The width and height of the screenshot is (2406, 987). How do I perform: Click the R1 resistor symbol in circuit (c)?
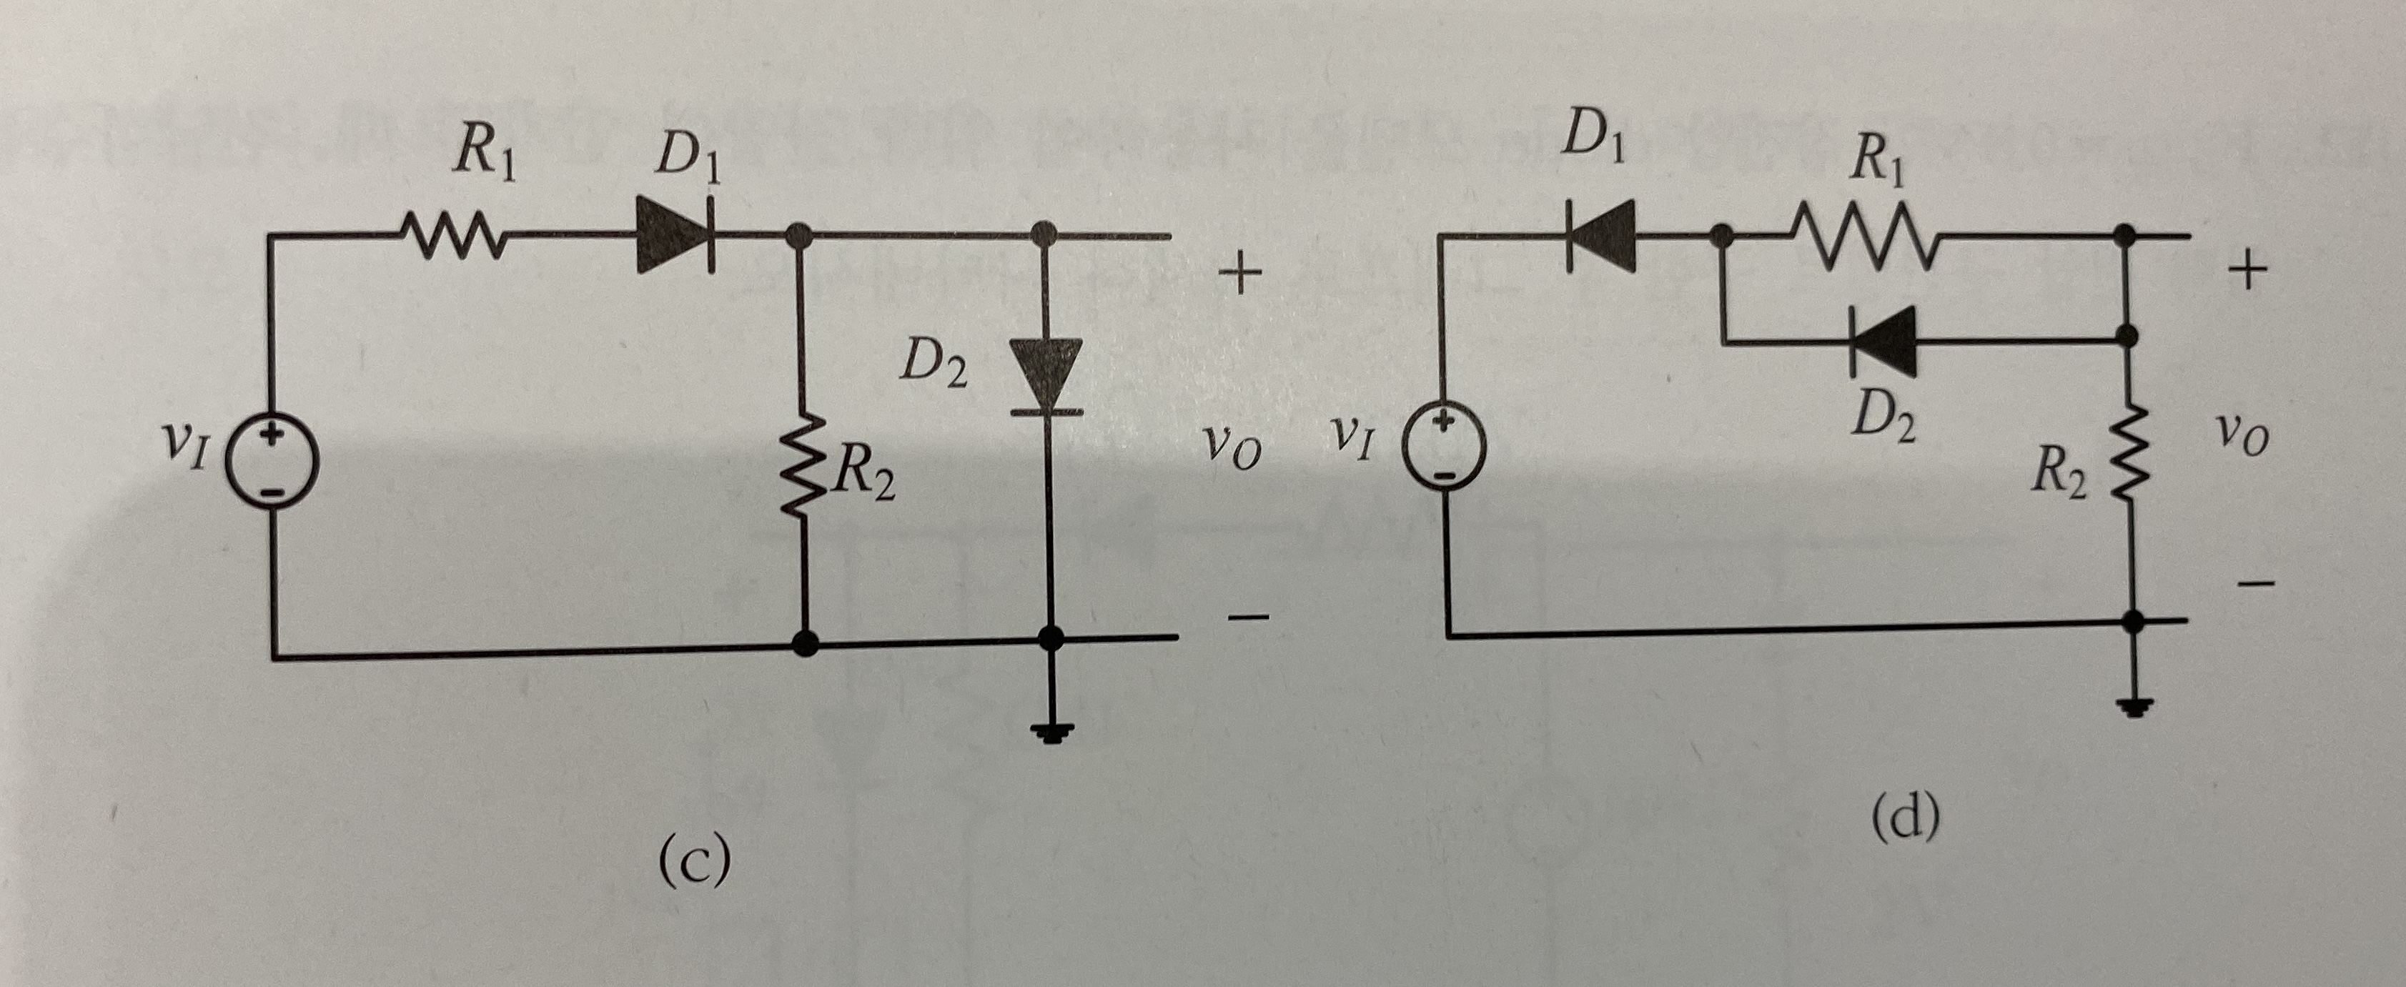tap(452, 235)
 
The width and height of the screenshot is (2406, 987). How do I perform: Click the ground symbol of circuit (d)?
tap(2133, 706)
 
